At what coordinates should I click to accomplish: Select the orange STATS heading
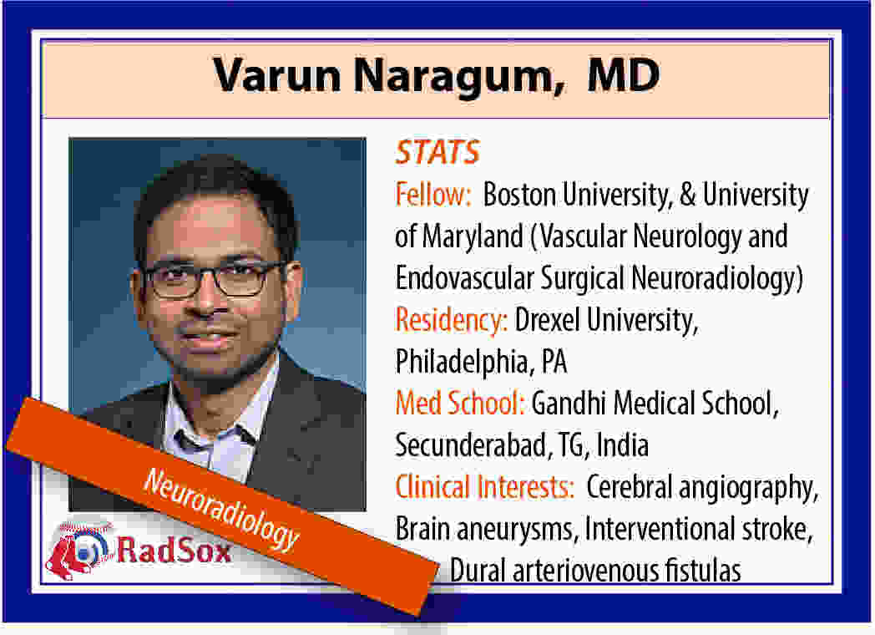437,152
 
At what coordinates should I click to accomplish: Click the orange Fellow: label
433,195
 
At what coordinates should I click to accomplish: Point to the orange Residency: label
451,320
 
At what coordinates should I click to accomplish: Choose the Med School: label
460,404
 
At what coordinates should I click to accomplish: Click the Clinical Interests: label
484,486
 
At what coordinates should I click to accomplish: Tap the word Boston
519,195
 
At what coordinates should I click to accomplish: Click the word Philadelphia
462,362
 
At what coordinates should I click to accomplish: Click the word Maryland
473,236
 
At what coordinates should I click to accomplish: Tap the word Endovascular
464,278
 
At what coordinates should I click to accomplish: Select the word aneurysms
514,530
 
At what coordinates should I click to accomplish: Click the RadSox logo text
174,551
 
